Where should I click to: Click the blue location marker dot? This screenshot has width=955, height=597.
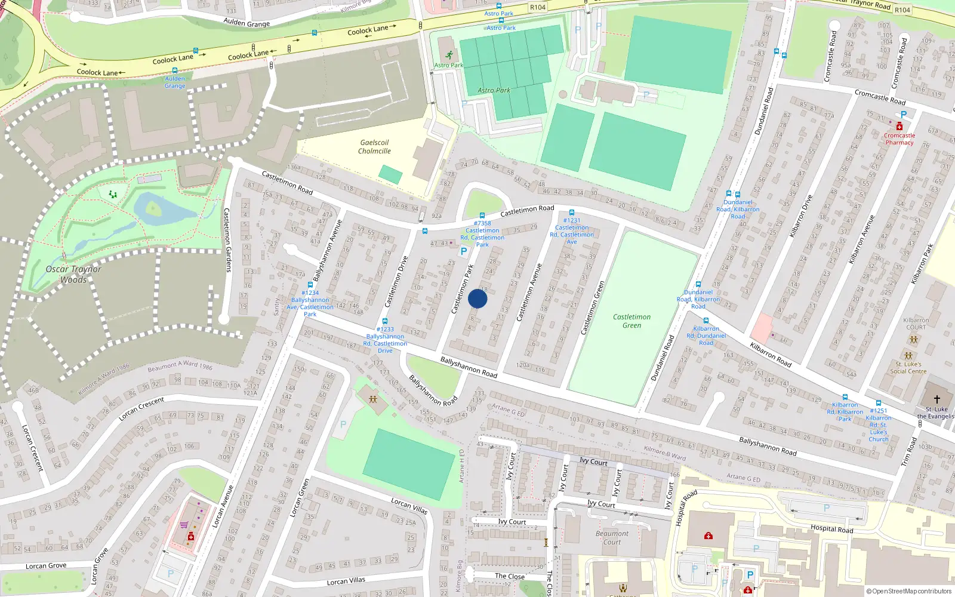[x=478, y=298]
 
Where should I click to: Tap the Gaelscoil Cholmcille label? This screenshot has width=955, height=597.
[x=374, y=147]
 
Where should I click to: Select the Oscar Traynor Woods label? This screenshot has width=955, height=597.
[x=73, y=274]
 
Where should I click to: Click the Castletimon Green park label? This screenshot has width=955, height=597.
[x=631, y=321]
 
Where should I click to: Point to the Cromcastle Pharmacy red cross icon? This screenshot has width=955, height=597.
[x=899, y=127]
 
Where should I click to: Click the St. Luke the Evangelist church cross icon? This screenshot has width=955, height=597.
[x=936, y=399]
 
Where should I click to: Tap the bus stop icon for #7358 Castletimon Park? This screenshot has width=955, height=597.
[x=482, y=216]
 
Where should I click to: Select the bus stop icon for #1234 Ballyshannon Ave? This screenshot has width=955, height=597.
[x=310, y=285]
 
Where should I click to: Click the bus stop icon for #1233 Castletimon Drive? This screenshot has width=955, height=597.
[x=385, y=321]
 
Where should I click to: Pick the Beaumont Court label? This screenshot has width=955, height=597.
[x=612, y=538]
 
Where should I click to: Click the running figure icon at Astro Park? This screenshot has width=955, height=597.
[x=449, y=56]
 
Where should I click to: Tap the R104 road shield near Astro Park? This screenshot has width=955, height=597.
[x=537, y=7]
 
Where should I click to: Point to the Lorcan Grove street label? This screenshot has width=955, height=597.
[x=46, y=566]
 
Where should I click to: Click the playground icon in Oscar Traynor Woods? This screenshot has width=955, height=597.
[x=113, y=195]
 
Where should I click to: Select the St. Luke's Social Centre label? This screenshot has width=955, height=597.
[x=908, y=368]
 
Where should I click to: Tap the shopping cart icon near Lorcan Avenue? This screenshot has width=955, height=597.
[x=184, y=525]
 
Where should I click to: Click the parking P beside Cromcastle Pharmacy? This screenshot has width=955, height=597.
[x=904, y=115]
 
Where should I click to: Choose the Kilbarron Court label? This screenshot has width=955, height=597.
[x=916, y=324]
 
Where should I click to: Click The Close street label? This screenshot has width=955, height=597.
[x=510, y=576]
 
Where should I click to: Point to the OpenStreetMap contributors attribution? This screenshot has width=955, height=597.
[x=909, y=591]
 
